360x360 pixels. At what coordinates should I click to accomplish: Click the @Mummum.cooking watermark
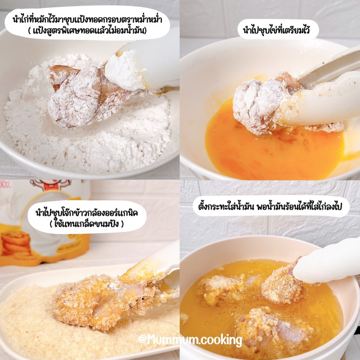[190, 340]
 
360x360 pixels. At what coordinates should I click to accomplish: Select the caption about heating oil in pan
[270, 207]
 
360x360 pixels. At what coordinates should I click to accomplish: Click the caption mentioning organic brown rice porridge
[87, 212]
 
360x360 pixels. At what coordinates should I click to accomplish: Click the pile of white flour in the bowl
[90, 129]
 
